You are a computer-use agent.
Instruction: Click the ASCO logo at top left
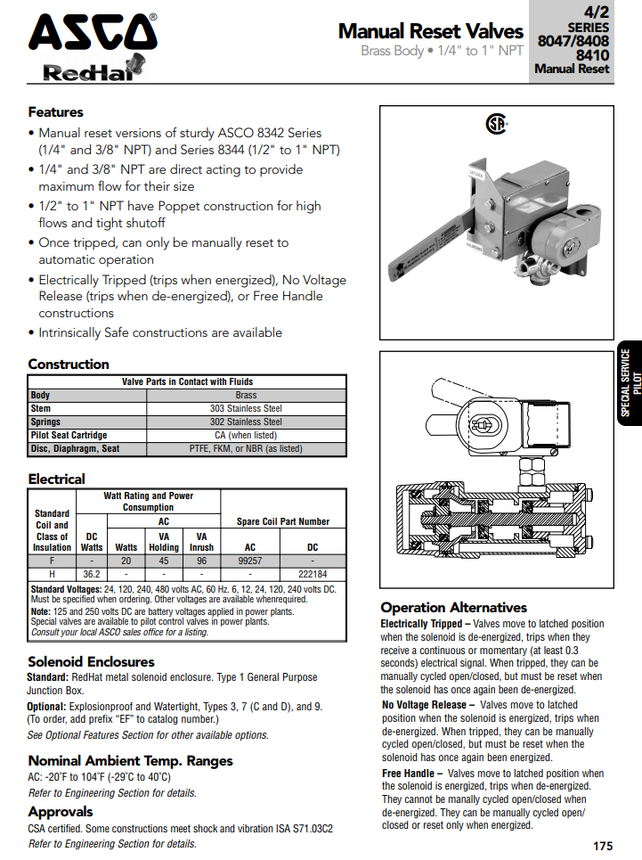point(93,33)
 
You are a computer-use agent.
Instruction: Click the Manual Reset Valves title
point(430,31)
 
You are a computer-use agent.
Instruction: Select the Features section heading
point(55,112)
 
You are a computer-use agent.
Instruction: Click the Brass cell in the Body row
point(246,395)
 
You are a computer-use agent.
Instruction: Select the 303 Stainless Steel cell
point(246,408)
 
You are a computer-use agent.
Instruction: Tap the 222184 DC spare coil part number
point(313,574)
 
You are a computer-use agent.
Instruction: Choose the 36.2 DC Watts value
point(92,574)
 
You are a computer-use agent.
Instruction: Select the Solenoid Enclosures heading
point(91,662)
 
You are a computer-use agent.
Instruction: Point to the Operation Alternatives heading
point(453,608)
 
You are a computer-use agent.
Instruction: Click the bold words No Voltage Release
point(424,705)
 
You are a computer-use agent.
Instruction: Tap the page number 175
point(602,846)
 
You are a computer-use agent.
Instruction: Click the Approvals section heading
point(61,812)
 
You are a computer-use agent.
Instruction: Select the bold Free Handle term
point(408,774)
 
